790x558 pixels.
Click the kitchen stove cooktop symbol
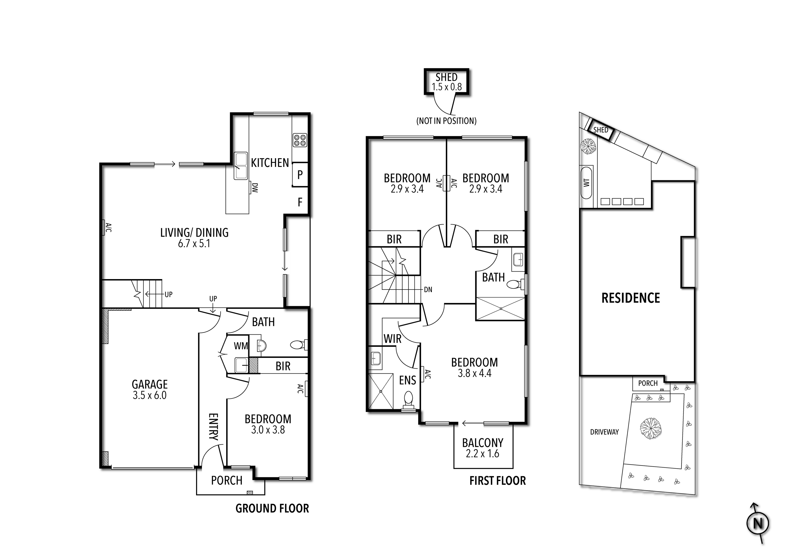[x=300, y=140]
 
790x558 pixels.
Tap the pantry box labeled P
[x=300, y=175]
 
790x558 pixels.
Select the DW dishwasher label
[x=255, y=188]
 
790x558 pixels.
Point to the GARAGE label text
[x=150, y=384]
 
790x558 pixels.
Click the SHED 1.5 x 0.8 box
[x=446, y=82]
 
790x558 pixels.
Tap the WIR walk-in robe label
[x=392, y=339]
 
